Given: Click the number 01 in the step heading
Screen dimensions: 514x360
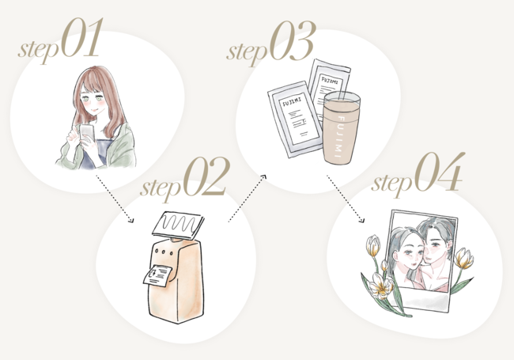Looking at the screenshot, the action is click(82, 38).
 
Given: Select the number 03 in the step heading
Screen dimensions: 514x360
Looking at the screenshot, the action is click(293, 41).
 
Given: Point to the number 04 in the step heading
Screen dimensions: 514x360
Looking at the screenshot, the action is click(439, 172).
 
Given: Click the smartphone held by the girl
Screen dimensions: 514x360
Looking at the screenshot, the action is click(87, 134).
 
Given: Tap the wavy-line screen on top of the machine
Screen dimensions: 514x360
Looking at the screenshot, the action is click(178, 225).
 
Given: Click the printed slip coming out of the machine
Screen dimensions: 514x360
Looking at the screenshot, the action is click(157, 275).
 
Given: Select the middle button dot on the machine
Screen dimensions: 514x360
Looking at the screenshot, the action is click(164, 252).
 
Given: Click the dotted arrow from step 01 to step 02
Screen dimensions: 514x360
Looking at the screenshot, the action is click(115, 199).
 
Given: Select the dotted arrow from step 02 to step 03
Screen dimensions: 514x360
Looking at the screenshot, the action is click(248, 199).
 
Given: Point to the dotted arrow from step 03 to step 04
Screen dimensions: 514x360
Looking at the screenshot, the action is click(346, 199).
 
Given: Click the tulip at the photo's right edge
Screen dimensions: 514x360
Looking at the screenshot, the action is click(465, 258).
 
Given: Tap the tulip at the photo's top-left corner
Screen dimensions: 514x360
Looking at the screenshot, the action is click(373, 245).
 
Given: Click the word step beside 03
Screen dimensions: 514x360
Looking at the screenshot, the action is click(248, 51).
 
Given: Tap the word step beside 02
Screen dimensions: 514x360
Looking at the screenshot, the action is click(161, 188).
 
